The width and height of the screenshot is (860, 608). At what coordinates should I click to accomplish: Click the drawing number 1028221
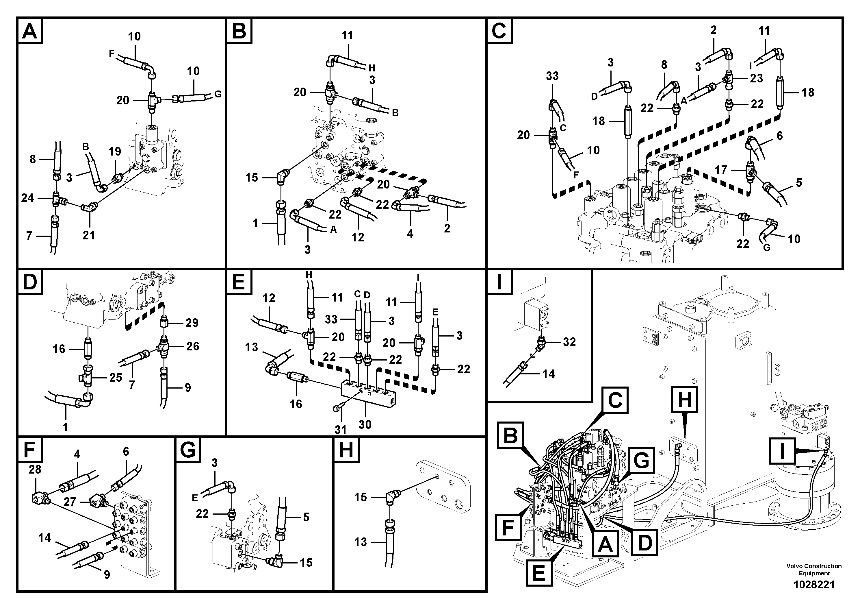click(814, 584)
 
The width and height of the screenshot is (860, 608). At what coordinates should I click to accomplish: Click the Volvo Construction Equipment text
click(814, 569)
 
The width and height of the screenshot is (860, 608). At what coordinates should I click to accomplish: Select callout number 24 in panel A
click(27, 198)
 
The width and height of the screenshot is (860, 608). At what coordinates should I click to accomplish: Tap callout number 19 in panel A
click(115, 151)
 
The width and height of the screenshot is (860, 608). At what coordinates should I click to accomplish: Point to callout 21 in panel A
click(89, 235)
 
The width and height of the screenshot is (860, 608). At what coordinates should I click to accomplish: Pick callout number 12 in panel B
click(358, 237)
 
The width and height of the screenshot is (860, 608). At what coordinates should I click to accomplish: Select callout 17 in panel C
click(721, 170)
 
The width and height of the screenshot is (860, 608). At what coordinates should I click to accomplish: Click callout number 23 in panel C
click(756, 78)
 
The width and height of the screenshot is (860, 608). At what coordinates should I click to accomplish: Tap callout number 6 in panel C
click(779, 136)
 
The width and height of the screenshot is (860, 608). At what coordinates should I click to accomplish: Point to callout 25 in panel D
click(116, 378)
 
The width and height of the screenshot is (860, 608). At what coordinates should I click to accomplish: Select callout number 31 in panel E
click(340, 430)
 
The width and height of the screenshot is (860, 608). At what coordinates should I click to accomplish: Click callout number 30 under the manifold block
click(365, 424)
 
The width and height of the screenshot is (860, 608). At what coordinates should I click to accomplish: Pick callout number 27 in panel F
click(70, 502)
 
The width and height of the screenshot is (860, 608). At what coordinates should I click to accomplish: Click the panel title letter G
click(188, 450)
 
